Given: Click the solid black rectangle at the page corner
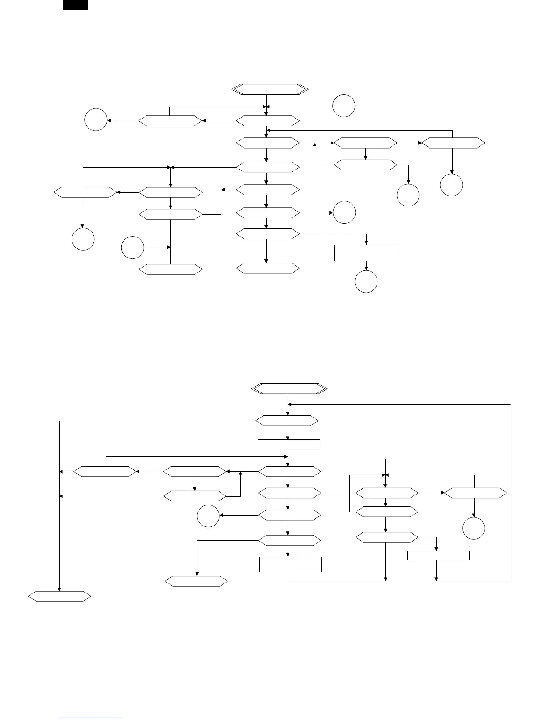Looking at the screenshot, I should coord(75,5).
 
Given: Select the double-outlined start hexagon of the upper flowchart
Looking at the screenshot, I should coord(270,89).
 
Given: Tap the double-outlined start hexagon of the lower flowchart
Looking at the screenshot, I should coord(289,389).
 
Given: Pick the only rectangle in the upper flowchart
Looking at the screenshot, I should coord(366,253).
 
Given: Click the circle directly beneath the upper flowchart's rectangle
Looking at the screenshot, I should coord(366,282).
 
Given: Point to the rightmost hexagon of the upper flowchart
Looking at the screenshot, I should coord(453,143).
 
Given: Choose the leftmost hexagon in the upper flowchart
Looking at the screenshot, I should coord(85,192).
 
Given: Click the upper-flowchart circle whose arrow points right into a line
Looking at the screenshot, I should coord(133,248).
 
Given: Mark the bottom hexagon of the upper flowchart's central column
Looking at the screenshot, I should coord(268,268).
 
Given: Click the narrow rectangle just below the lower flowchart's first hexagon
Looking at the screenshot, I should coord(289,444).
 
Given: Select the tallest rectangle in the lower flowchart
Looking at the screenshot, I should coord(290,564).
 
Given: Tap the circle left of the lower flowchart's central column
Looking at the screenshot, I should coord(208,516).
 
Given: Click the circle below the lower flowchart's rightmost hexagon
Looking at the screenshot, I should coord(474,529).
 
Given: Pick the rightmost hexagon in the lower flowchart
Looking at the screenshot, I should coord(475,493).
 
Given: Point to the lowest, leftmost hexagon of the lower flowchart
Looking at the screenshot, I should coord(60,596).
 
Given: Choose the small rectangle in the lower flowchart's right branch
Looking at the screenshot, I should coord(438,555).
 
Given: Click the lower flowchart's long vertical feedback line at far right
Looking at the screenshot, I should coord(511,492).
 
